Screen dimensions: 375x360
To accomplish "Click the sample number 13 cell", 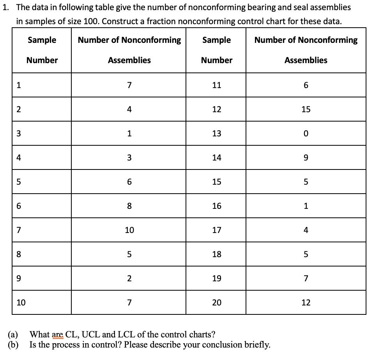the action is pos(216,134).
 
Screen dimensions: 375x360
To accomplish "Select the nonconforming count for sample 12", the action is pos(306,109).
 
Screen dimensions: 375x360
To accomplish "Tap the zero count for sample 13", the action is pos(306,134).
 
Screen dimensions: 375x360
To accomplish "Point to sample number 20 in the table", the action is pos(216,302).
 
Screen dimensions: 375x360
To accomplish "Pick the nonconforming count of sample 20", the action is pos(306,302).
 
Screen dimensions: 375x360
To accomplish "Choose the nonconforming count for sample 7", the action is pos(129,230).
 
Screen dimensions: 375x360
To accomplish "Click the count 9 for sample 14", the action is pos(306,158).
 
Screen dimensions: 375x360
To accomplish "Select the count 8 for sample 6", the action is pos(129,206).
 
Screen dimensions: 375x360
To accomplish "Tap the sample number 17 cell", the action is pos(216,230).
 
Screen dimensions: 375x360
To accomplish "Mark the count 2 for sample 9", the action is pos(129,279).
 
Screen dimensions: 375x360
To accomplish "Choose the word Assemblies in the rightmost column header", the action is pos(306,60).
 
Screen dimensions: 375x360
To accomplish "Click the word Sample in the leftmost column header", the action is pos(42,40).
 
